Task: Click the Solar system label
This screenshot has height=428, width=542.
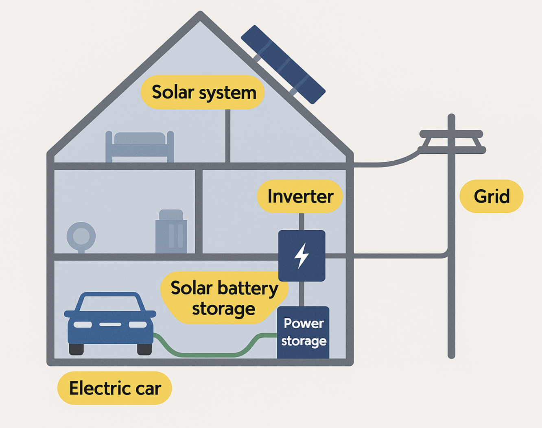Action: (203, 92)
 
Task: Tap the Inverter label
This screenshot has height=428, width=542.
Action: (300, 197)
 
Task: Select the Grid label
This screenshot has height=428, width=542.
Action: (491, 197)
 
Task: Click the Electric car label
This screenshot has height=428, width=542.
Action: (115, 388)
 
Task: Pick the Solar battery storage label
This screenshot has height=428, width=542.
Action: (224, 298)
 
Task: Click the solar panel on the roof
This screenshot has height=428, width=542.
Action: (283, 64)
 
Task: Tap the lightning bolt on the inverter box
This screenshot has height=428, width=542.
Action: (302, 255)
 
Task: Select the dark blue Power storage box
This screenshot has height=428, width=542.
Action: (303, 332)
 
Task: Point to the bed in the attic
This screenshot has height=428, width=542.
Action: (140, 146)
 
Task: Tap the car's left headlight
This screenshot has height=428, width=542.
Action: (83, 325)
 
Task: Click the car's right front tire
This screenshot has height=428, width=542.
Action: (144, 349)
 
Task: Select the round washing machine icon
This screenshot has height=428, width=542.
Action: (81, 236)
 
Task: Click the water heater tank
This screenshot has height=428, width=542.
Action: (171, 232)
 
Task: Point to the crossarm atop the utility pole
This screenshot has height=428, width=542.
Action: (451, 134)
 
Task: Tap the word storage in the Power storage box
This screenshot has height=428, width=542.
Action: (304, 341)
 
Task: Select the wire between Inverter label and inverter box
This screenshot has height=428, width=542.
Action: (302, 222)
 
